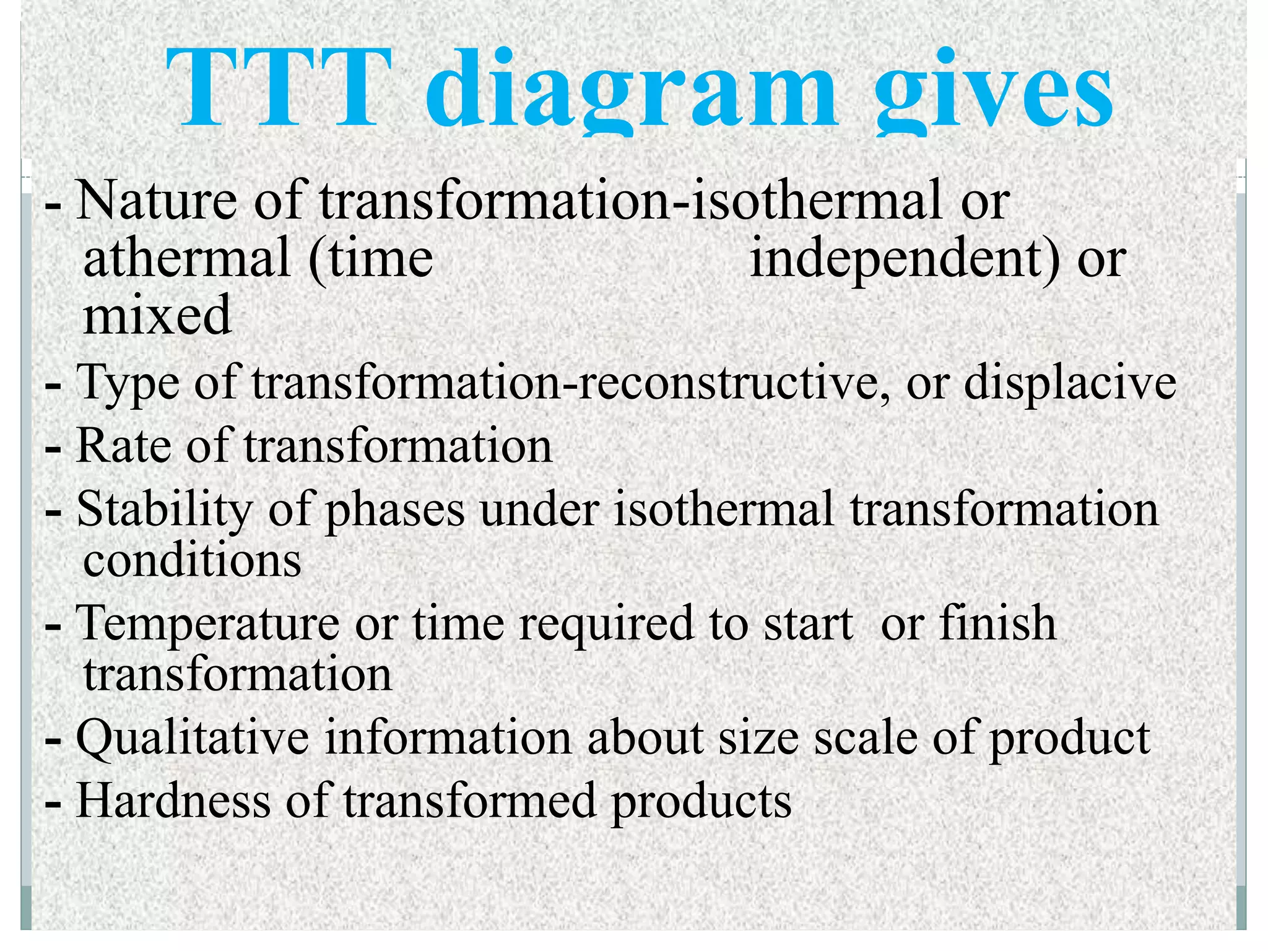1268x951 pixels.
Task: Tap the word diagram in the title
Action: tap(632, 93)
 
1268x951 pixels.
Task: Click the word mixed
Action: tap(157, 315)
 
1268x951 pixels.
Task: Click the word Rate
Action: tap(123, 445)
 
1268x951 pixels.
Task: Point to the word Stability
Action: tap(165, 511)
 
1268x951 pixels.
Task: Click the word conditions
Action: tap(192, 560)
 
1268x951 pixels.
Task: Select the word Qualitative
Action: tap(193, 739)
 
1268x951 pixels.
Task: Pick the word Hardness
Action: tap(173, 801)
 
